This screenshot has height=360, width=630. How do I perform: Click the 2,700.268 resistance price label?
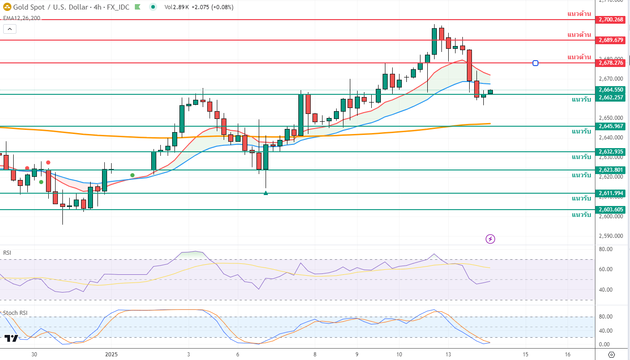[611, 20]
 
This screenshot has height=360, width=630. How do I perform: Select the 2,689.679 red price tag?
[611, 40]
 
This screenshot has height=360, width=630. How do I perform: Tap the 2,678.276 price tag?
[611, 63]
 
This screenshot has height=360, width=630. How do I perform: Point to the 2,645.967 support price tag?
[611, 126]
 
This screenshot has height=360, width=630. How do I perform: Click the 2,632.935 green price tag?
[611, 152]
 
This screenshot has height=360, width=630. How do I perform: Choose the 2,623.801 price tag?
[611, 170]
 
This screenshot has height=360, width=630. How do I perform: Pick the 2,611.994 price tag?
[611, 193]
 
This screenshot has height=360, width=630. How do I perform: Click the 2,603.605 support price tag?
[611, 210]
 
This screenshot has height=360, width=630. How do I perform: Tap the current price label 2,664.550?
[611, 90]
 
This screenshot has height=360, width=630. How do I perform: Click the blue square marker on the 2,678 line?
[535, 63]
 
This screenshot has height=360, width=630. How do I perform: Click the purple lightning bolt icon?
[490, 239]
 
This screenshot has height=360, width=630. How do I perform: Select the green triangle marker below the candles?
[266, 193]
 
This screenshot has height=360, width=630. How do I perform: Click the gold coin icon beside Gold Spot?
[7, 7]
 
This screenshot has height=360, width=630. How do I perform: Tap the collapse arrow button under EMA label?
[10, 29]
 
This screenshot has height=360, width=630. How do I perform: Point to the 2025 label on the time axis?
[111, 355]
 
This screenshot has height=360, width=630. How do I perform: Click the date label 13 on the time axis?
[448, 355]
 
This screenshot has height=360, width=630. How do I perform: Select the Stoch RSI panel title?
[15, 313]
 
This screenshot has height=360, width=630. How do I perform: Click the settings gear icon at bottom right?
[611, 355]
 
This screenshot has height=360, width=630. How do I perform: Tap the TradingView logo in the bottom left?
[11, 338]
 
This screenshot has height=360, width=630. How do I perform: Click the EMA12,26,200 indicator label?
[21, 18]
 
